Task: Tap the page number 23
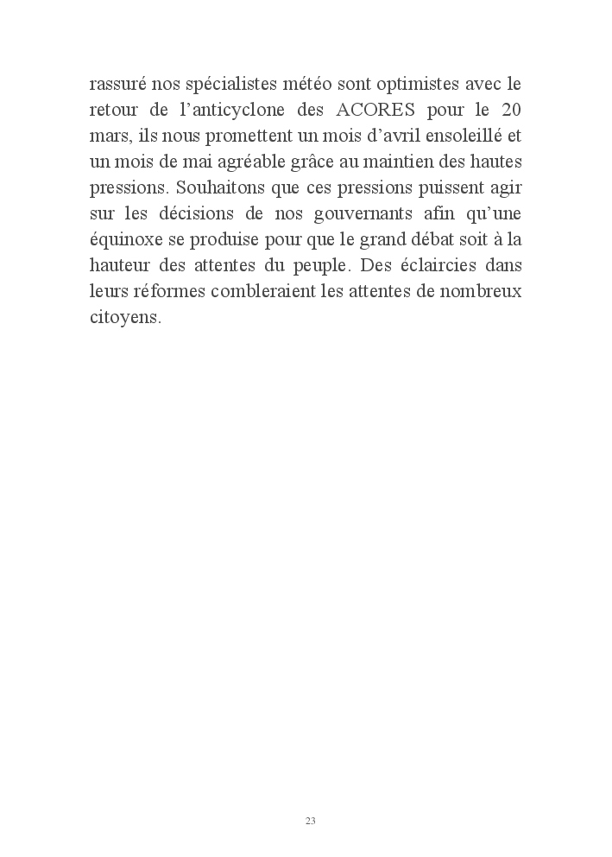pyautogui.click(x=310, y=820)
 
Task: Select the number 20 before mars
pyautogui.click(x=508, y=112)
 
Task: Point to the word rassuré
pyautogui.click(x=118, y=86)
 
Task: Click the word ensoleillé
pyautogui.click(x=462, y=137)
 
